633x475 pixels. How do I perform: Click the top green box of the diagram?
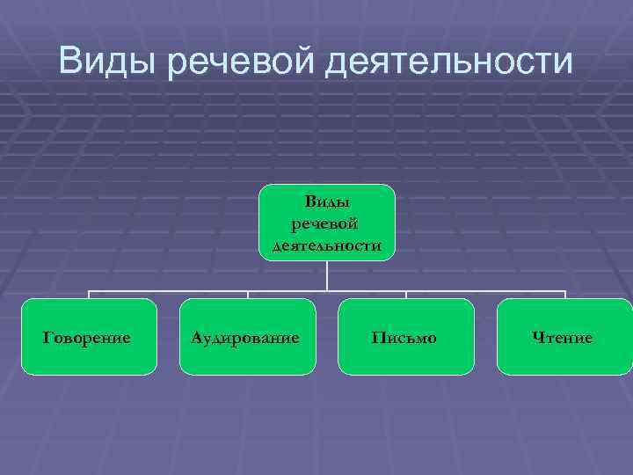(x=327, y=223)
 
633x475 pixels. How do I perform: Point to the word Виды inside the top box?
(x=327, y=202)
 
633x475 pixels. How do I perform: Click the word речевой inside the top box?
(x=327, y=224)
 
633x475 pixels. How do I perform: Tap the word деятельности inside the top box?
(x=327, y=245)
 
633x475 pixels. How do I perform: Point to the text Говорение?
(x=89, y=338)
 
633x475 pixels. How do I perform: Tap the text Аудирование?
(x=247, y=338)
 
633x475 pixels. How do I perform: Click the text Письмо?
(x=404, y=338)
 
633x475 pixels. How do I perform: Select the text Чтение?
(x=563, y=338)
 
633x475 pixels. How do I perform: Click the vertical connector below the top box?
(x=327, y=275)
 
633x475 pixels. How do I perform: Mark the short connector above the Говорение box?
(x=89, y=295)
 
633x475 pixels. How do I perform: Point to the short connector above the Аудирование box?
(x=248, y=295)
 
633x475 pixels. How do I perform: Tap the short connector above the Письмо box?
(x=406, y=295)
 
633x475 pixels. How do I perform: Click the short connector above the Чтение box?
(x=564, y=295)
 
